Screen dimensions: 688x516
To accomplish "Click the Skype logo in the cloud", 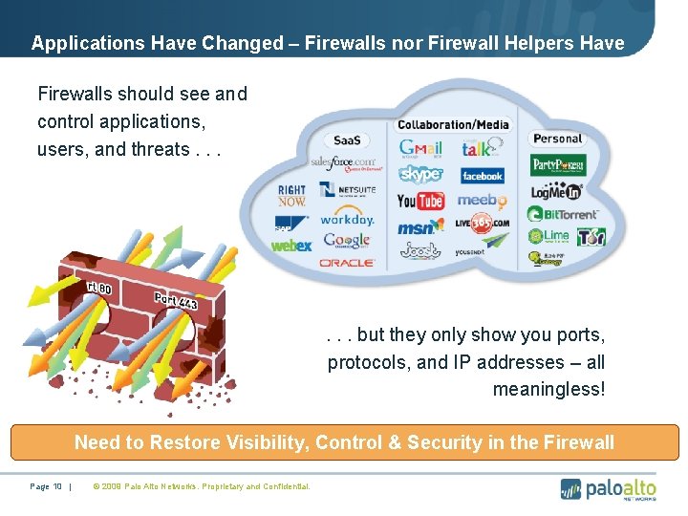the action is tap(420, 174).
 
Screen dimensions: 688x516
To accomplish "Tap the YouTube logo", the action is tap(420, 201).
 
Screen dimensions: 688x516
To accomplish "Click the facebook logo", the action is tap(482, 176).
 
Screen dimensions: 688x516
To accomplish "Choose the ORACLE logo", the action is tap(347, 262).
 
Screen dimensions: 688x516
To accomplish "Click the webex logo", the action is tap(291, 246).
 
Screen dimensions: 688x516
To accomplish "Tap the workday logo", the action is tap(347, 219).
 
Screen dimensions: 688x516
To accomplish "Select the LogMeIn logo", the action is tap(558, 190).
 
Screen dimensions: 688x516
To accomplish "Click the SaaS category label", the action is tap(347, 140).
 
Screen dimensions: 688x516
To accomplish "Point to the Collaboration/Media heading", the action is tap(453, 124).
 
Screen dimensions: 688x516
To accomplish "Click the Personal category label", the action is tap(557, 139).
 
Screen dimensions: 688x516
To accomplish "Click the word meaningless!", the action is tap(548, 389).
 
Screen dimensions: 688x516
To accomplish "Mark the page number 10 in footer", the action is tap(57, 486).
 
